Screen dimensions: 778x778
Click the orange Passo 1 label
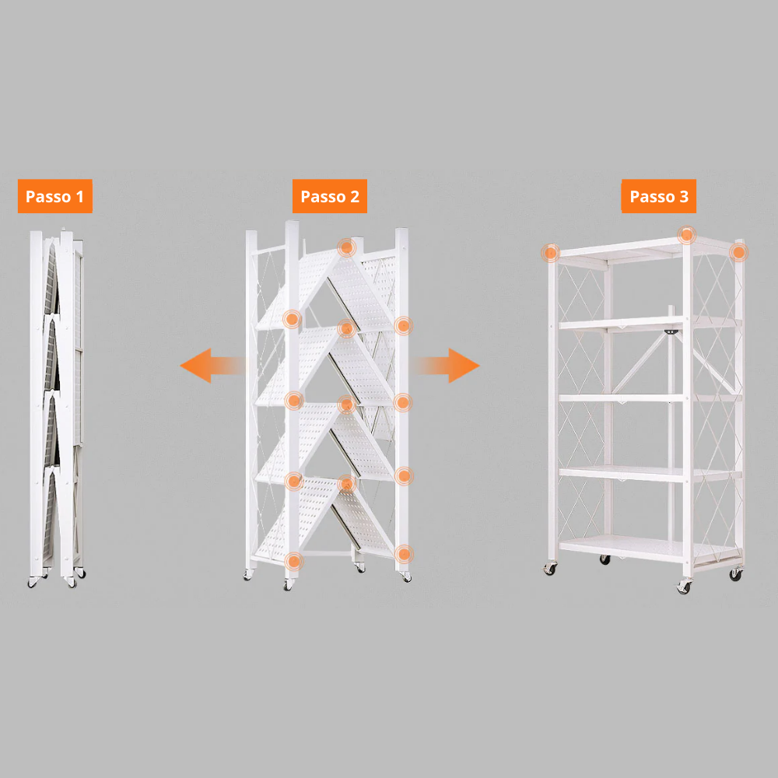tap(54, 196)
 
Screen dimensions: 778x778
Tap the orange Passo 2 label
tap(329, 196)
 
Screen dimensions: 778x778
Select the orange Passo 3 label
tap(658, 196)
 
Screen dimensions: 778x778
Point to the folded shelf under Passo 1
tap(56, 405)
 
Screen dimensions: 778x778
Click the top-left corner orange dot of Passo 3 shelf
tap(551, 252)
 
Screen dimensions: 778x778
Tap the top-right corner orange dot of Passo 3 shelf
tap(738, 252)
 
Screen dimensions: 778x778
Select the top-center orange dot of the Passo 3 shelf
tap(686, 234)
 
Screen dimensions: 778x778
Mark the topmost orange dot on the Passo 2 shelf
tap(346, 248)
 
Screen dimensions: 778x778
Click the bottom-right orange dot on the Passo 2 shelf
tap(403, 554)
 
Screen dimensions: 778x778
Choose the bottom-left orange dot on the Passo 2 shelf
tap(293, 560)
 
